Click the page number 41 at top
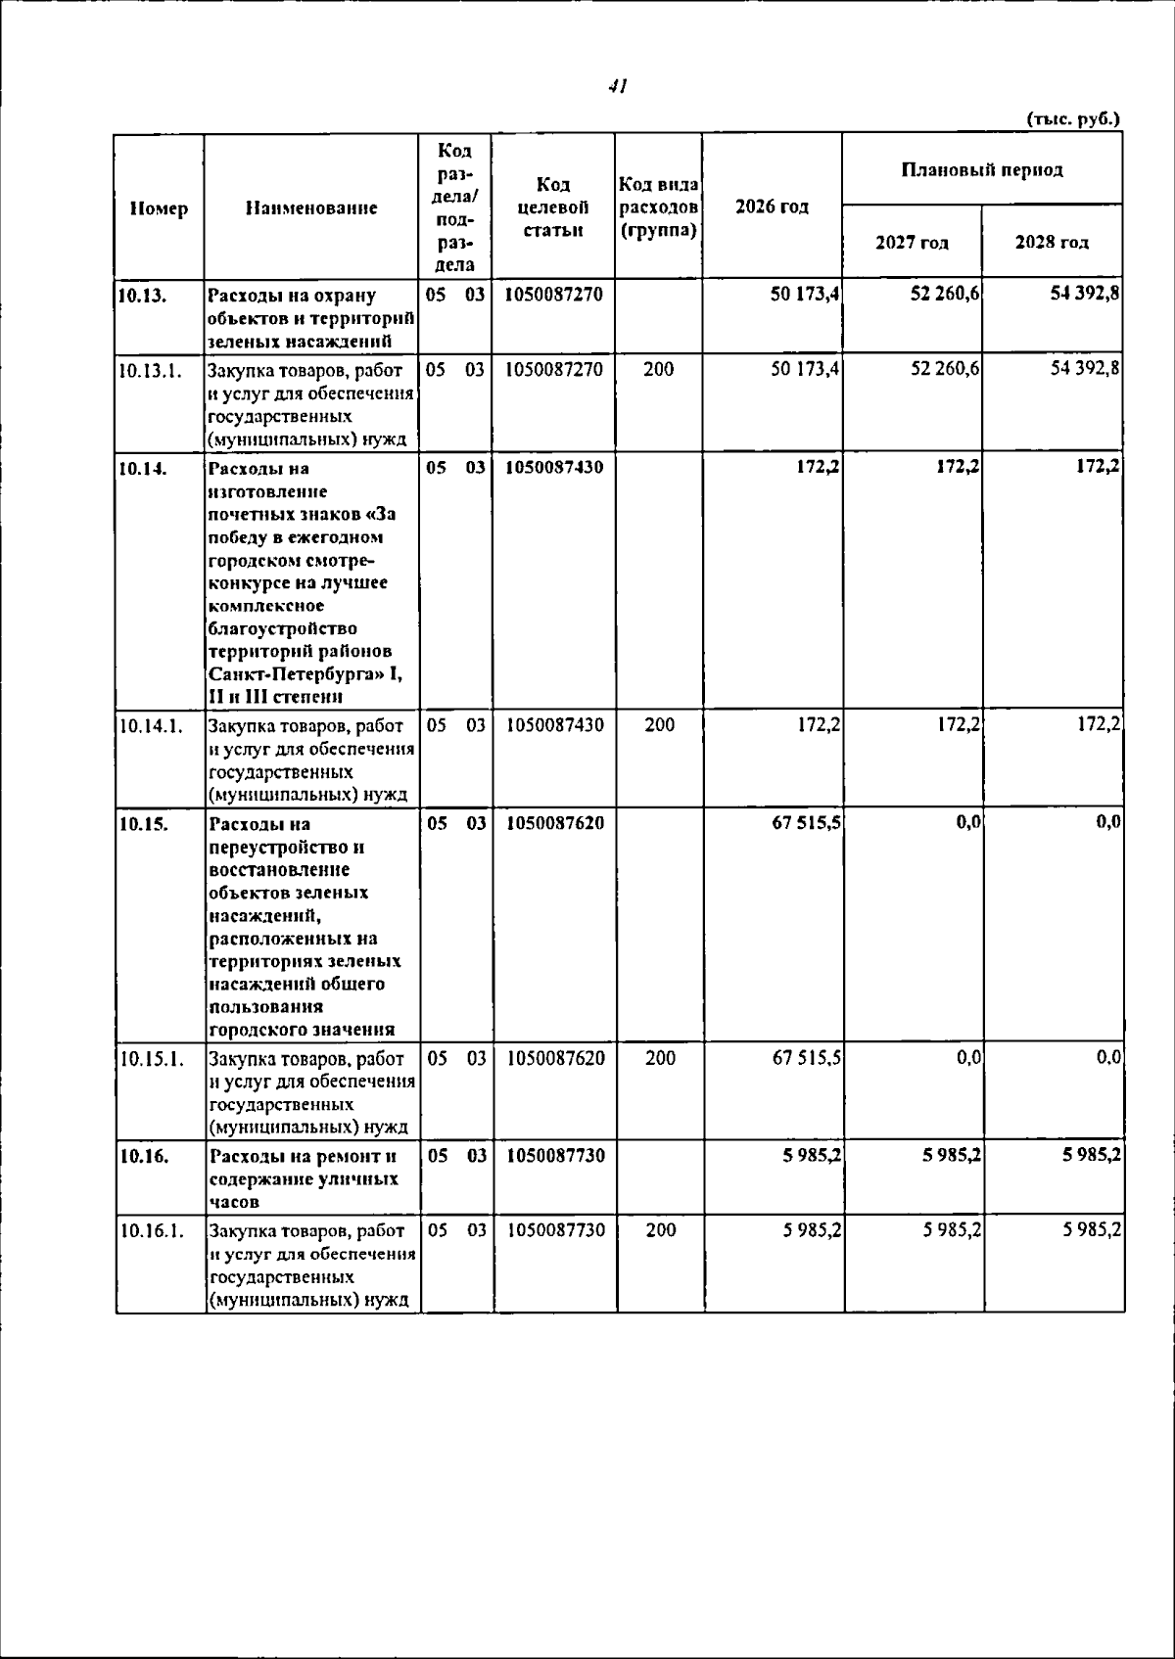pyautogui.click(x=617, y=87)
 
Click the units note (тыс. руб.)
pyautogui.click(x=1072, y=118)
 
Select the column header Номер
pyautogui.click(x=159, y=207)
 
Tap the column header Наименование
pyautogui.click(x=311, y=207)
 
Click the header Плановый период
pyautogui.click(x=981, y=169)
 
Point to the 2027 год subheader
pyautogui.click(x=912, y=242)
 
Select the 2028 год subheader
pyautogui.click(x=1052, y=242)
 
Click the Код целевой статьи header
pyautogui.click(x=553, y=207)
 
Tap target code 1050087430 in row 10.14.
pyautogui.click(x=554, y=467)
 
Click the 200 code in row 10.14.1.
pyautogui.click(x=660, y=725)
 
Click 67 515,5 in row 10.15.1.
pyautogui.click(x=806, y=1058)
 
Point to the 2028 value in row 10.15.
pyautogui.click(x=1107, y=823)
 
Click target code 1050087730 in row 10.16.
pyautogui.click(x=555, y=1156)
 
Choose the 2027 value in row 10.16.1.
pyautogui.click(x=952, y=1230)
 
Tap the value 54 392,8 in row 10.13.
pyautogui.click(x=1085, y=294)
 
